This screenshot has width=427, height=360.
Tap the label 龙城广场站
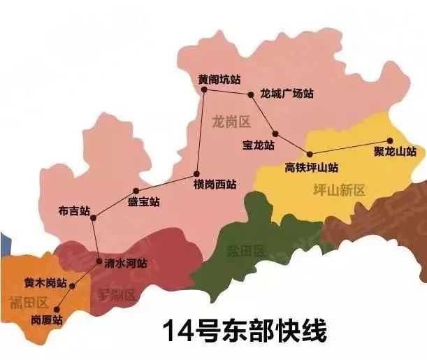pos(287,93)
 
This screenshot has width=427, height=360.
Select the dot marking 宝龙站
pos(276,134)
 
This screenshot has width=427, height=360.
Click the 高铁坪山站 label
pos(312,167)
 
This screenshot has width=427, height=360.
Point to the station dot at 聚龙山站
pos(390,141)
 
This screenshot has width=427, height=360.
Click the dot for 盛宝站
pos(136,190)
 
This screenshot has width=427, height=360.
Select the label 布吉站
pos(75,210)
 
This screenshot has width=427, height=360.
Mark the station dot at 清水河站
pos(99,262)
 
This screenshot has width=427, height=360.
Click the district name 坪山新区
pos(340,190)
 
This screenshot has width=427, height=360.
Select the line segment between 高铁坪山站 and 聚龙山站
pos(349,147)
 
